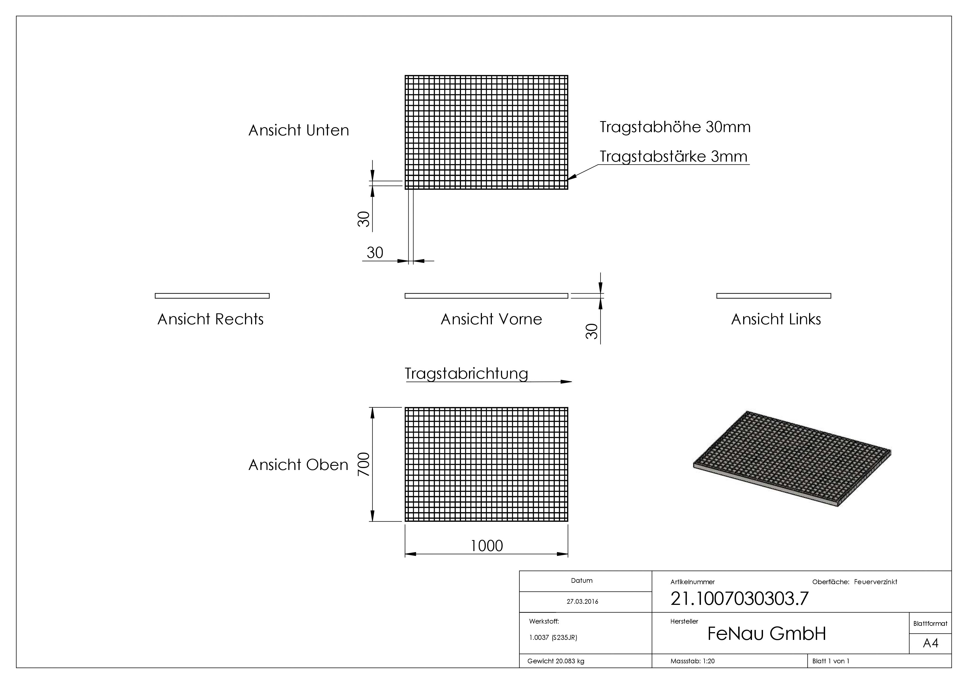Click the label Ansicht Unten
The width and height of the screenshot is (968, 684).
click(x=298, y=130)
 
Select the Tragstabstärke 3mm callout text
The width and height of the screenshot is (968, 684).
click(x=673, y=156)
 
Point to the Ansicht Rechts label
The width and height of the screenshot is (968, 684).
click(x=210, y=319)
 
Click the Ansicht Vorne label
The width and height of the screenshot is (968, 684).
click(x=491, y=319)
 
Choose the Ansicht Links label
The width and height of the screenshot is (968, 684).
click(x=776, y=319)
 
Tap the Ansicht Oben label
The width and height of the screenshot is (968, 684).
click(x=298, y=464)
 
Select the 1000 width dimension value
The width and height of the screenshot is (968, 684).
click(x=487, y=546)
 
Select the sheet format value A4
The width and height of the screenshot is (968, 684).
click(x=930, y=643)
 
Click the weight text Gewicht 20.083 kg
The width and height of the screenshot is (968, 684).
click(x=556, y=661)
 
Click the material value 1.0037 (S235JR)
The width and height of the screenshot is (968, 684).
click(x=553, y=637)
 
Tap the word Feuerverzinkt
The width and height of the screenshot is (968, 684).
click(x=875, y=582)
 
